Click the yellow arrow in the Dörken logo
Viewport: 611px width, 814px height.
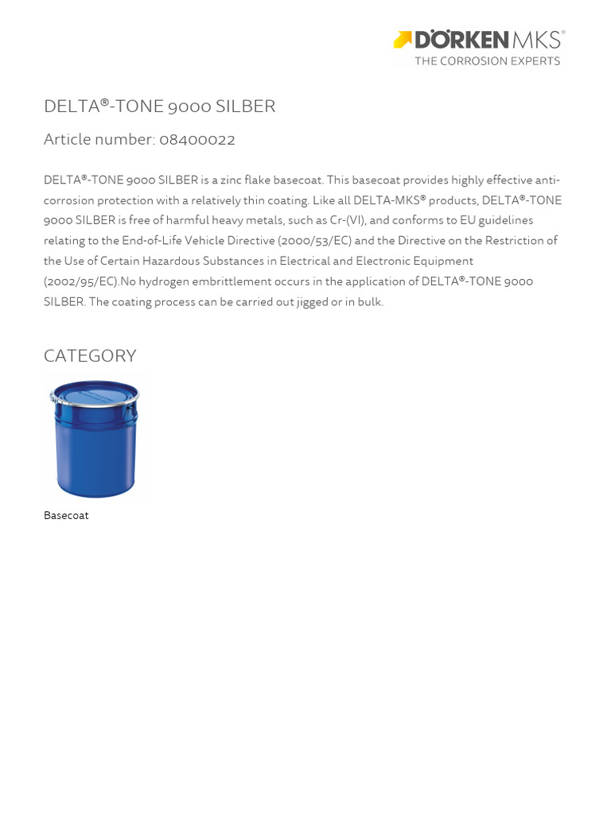(403, 40)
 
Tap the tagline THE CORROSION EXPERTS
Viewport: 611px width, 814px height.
(487, 61)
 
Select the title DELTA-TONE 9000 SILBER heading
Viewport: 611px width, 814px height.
(159, 107)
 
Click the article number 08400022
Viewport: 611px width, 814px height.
(197, 140)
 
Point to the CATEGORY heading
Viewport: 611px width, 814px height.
(90, 356)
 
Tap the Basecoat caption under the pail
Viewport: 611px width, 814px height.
(66, 516)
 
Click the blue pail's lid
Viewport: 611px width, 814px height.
(95, 392)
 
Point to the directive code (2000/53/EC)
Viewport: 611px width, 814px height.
(314, 241)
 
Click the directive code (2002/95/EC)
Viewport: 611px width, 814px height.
(81, 281)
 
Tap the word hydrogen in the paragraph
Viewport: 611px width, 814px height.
(165, 281)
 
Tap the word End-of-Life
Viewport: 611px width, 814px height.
(152, 241)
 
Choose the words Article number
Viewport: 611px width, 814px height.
(99, 140)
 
